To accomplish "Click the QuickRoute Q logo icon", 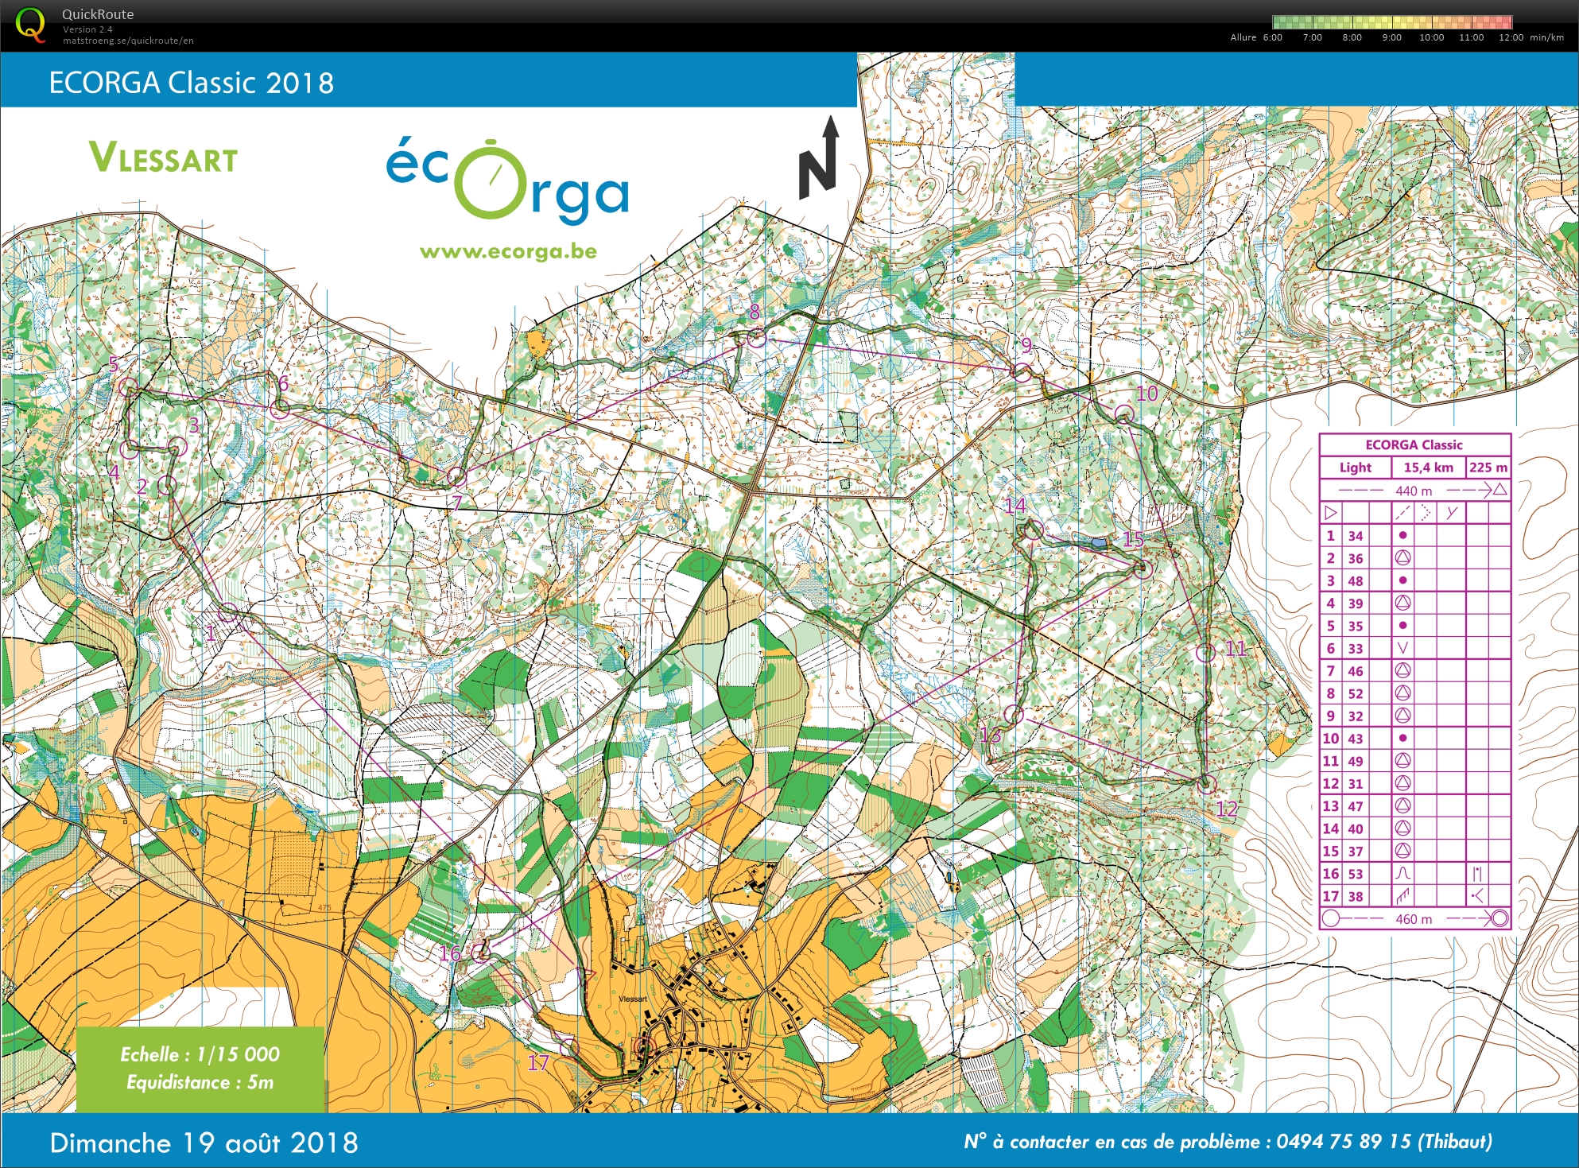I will click(x=30, y=24).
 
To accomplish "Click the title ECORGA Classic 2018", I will click(x=191, y=83).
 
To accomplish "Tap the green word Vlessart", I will click(x=163, y=157).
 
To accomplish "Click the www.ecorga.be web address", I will click(x=508, y=252).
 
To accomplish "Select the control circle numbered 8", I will click(x=756, y=338).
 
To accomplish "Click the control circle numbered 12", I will click(x=1206, y=784).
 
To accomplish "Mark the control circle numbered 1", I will click(x=228, y=612).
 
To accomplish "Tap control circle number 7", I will click(x=456, y=477).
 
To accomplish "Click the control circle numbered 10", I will click(x=1123, y=413).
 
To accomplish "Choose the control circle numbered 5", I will click(x=128, y=387).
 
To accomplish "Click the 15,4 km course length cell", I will click(x=1428, y=468).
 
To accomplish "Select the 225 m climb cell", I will click(x=1488, y=468).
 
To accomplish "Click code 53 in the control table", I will click(x=1355, y=874).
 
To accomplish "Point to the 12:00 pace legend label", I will click(x=1511, y=37).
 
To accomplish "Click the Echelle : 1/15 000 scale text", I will click(x=200, y=1054).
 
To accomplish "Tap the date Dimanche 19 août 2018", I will click(x=204, y=1143).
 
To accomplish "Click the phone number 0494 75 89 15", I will click(x=1344, y=1142).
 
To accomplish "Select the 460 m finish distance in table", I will click(x=1413, y=919).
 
